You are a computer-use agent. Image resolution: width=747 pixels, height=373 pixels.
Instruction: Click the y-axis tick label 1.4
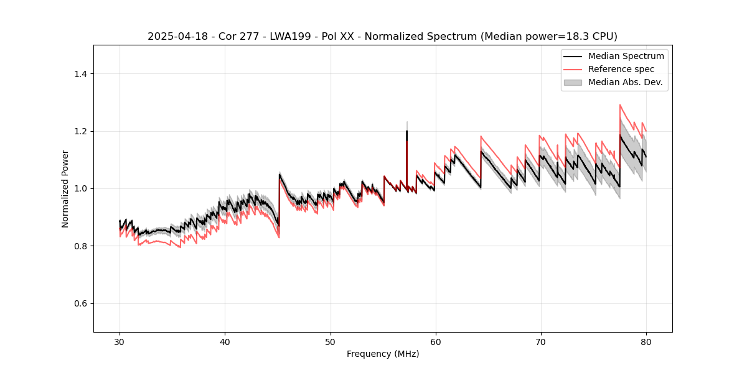click(81, 74)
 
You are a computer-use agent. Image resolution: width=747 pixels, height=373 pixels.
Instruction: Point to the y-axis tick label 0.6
click(81, 303)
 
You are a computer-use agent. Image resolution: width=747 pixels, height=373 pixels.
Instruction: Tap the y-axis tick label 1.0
click(81, 188)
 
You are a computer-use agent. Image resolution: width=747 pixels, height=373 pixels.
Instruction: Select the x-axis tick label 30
click(120, 342)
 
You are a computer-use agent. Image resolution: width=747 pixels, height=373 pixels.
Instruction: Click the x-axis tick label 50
click(330, 342)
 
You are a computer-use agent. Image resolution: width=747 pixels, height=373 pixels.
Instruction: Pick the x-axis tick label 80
click(646, 342)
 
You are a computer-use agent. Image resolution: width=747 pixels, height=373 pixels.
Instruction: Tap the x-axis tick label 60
click(435, 342)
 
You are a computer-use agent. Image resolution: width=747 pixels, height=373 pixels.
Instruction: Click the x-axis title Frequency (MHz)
click(383, 354)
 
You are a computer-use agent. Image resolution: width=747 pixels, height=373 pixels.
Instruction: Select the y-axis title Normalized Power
click(65, 188)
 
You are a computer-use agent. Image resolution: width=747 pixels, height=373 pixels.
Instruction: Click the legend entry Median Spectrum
click(626, 56)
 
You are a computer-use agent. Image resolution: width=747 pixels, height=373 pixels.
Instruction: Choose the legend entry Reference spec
click(621, 69)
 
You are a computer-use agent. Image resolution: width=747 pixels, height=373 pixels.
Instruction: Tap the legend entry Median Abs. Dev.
click(626, 82)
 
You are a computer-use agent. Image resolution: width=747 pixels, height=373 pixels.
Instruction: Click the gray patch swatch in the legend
click(573, 82)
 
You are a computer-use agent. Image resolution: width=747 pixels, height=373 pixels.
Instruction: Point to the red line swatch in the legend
click(573, 69)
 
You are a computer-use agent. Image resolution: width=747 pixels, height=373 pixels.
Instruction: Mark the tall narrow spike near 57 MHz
click(406, 132)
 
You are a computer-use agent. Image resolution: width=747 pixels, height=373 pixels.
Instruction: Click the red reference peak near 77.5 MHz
click(620, 105)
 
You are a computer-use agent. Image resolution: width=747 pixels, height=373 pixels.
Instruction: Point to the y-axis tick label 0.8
click(81, 246)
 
